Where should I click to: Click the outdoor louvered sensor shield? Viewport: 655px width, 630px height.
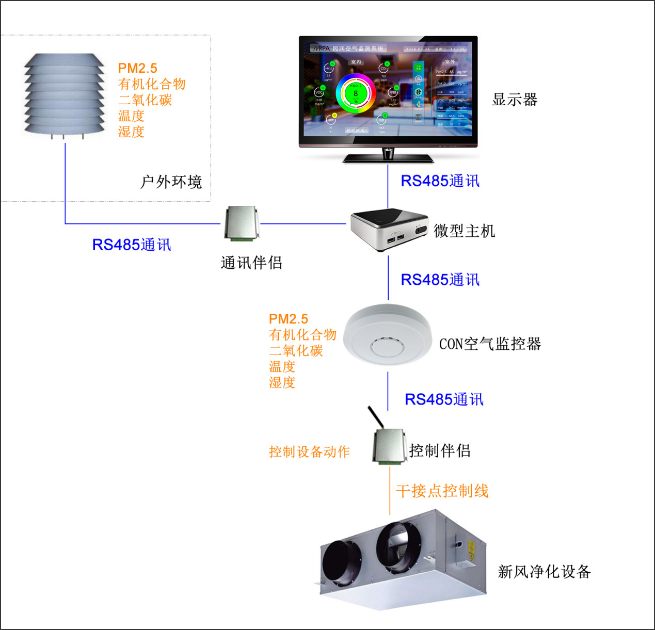[x=65, y=95]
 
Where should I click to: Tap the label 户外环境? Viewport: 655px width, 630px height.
[x=171, y=182]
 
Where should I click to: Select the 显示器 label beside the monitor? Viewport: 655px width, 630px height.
[x=515, y=100]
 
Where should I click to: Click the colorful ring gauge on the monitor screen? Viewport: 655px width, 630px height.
[x=355, y=93]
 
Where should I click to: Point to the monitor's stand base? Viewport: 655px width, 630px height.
[x=388, y=158]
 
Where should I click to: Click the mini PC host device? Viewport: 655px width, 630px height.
[x=389, y=229]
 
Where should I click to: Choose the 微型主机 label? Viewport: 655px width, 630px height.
[x=464, y=231]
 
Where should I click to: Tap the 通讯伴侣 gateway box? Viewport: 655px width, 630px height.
[x=241, y=223]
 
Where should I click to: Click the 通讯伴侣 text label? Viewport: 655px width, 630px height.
[x=251, y=263]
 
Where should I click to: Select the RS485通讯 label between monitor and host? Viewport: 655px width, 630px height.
[x=440, y=181]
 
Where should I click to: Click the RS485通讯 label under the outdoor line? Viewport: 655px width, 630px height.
[x=132, y=245]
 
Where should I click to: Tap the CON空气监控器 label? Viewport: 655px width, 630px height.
[x=490, y=344]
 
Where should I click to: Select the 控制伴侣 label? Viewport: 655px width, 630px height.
[x=440, y=450]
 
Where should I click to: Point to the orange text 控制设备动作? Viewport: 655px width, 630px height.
[x=309, y=452]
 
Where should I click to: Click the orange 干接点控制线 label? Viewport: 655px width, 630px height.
[x=442, y=491]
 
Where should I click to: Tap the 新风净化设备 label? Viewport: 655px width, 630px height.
[x=544, y=572]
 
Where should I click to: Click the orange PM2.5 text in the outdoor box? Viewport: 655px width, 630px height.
[x=137, y=68]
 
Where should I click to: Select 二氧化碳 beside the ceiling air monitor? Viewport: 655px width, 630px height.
[x=296, y=351]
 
